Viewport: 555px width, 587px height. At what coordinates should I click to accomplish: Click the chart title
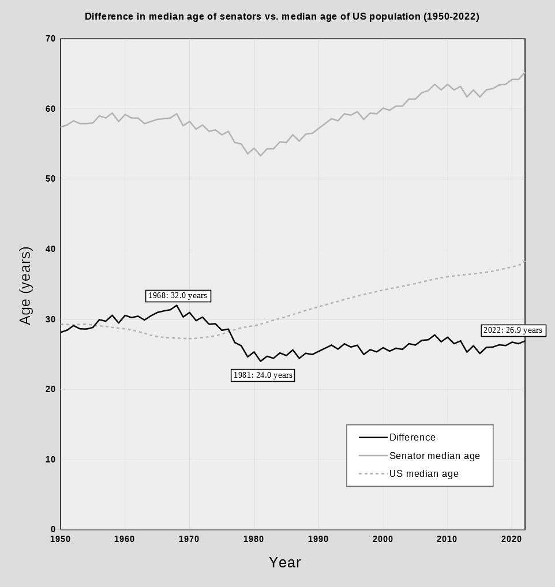coord(282,16)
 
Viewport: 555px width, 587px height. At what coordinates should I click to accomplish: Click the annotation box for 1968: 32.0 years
coord(177,295)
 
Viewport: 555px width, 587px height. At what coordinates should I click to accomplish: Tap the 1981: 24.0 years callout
coord(263,375)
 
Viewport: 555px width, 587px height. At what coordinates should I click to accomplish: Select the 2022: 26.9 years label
coord(513,330)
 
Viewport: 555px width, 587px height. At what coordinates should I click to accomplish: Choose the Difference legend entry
coord(412,437)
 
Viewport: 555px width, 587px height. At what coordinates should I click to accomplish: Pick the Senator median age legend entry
coord(434,456)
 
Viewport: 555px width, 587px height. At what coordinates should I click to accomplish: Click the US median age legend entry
coord(423,473)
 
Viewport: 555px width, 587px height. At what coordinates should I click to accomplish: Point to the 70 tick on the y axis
coord(50,39)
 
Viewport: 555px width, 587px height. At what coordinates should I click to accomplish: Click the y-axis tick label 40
coord(50,249)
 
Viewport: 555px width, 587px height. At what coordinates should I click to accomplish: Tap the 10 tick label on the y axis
coord(50,460)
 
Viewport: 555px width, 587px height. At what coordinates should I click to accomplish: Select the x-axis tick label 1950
coord(61,539)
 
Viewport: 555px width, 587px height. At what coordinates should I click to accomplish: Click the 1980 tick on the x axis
coord(254,539)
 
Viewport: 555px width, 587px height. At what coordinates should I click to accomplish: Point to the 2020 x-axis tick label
coord(512,539)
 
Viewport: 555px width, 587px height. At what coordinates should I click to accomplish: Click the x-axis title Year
coord(285,562)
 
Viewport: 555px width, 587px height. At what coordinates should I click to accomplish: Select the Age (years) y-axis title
coord(25,285)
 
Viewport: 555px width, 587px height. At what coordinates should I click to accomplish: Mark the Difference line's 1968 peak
coord(177,305)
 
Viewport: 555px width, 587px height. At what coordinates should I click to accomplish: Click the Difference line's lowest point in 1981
coord(260,361)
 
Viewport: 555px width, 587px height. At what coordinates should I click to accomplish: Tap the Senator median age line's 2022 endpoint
coord(525,73)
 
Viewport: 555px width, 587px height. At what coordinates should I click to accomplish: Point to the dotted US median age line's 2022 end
coord(525,261)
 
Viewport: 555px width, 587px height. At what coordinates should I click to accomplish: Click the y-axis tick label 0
coord(53,529)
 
